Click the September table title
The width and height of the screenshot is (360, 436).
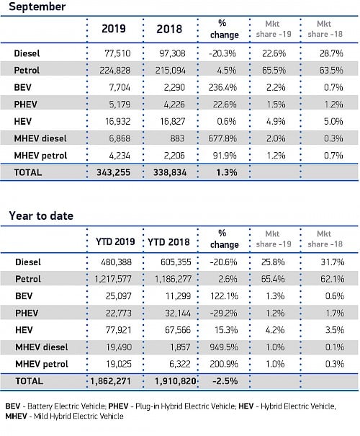coord(37,6)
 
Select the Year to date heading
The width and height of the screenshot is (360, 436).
coord(41,215)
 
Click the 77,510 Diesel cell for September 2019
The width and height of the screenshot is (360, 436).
coord(117,53)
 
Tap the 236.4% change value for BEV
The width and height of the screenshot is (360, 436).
coord(222,87)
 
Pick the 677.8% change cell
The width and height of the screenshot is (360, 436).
coord(222,138)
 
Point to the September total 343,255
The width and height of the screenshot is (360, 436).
coord(113,172)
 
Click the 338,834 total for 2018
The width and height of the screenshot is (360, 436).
coord(170,172)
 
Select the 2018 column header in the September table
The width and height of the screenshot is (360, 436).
coord(169,30)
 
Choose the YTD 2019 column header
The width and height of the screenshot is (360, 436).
coord(115,241)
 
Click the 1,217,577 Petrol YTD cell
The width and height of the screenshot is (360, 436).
coord(113,279)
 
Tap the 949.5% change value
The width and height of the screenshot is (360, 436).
coord(224,347)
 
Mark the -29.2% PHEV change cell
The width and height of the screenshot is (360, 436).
coord(223,313)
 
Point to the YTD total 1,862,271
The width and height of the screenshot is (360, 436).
coord(111,381)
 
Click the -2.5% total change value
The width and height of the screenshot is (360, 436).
coord(225,381)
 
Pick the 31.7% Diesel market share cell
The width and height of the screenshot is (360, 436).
coord(333,262)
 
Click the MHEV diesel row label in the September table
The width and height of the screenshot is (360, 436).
coord(40,138)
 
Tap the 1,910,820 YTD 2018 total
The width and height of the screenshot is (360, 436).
coord(176,381)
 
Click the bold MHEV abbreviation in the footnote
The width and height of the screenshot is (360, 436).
coord(16,417)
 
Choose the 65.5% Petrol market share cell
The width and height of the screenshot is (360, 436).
coord(274,70)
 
